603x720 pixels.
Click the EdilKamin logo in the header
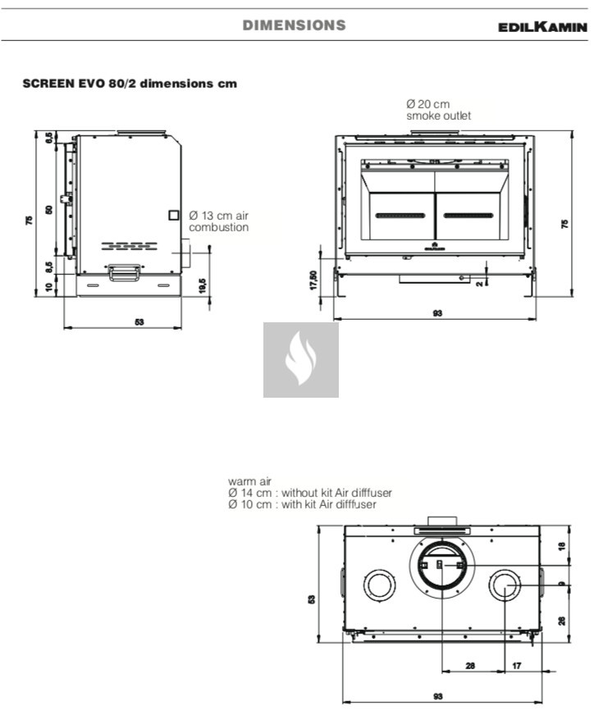tap(543, 26)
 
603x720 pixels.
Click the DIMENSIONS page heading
tap(295, 25)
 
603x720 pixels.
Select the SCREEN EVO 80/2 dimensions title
tap(130, 84)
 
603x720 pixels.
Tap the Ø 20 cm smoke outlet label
tap(439, 110)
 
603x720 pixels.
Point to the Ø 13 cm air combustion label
tap(218, 221)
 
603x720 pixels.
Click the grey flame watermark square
tap(301, 360)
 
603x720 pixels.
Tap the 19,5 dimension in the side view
tap(203, 286)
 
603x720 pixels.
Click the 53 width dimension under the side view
tap(139, 322)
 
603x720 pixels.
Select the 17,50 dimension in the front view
tap(313, 280)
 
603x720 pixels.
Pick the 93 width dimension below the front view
tap(437, 313)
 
